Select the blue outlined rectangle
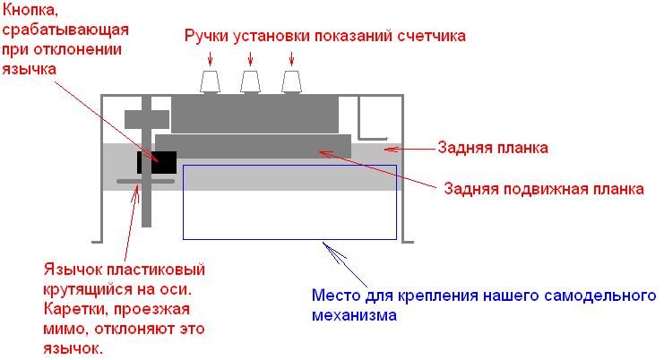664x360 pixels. pos(289,201)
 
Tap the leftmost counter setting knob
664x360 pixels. pos(211,82)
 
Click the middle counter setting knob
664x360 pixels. pos(252,82)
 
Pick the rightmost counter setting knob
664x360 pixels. pos(292,82)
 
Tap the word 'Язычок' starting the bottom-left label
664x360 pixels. pos(72,270)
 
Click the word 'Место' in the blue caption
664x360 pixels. pos(332,296)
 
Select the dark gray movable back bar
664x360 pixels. pos(253,146)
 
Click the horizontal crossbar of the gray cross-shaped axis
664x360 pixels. pos(146,119)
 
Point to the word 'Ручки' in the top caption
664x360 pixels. pos(207,36)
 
